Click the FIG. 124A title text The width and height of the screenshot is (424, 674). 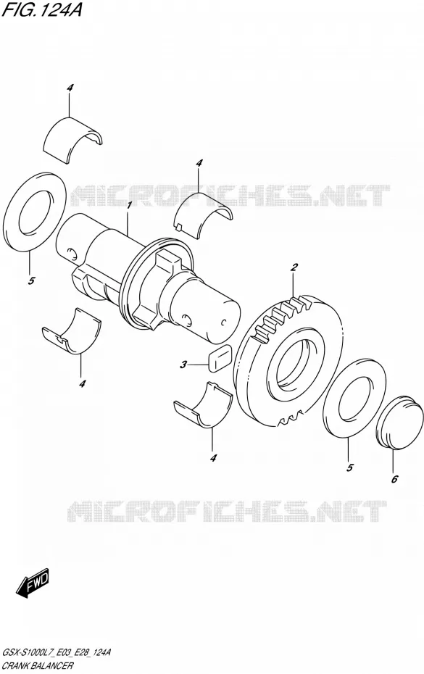coord(41,9)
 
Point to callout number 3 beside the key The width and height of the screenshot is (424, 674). coord(183,365)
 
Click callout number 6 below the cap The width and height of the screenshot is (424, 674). coord(394,479)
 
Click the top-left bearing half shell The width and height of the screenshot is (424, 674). coord(73,140)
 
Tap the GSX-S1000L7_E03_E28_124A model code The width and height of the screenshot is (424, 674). coord(57,653)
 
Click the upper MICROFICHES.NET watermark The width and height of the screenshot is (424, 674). coord(230,196)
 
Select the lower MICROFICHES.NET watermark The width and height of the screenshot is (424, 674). coord(227,511)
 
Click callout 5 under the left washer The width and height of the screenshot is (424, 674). coord(31,281)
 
